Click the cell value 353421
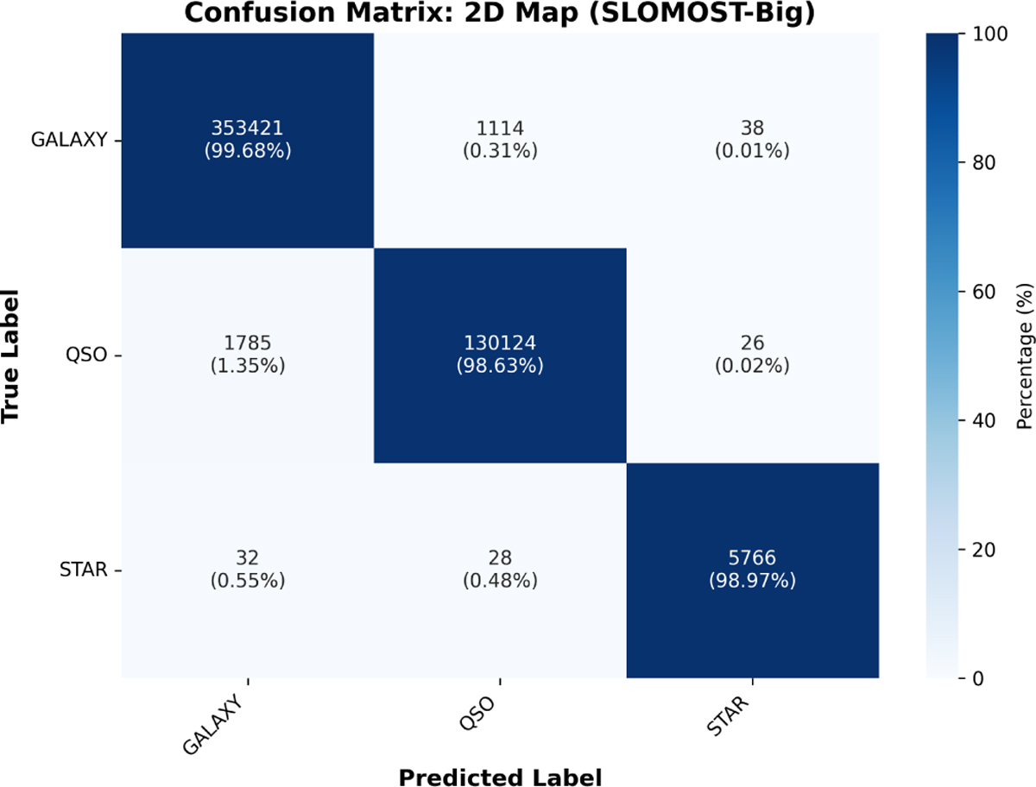[x=247, y=129]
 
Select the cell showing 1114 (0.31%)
[x=500, y=140]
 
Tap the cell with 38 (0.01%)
[x=752, y=140]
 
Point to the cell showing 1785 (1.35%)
[x=247, y=355]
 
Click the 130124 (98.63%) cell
[x=500, y=355]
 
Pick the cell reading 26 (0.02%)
[x=752, y=355]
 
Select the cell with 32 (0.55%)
[x=247, y=570]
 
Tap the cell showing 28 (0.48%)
[x=500, y=570]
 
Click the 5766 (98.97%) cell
[x=752, y=570]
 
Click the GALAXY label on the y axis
[x=69, y=140]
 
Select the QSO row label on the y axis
[x=86, y=355]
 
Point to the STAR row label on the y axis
[x=84, y=570]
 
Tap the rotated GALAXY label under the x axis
[x=213, y=725]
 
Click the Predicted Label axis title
[x=500, y=773]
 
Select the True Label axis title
[x=10, y=356]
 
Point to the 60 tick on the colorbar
[x=984, y=292]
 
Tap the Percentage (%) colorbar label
[x=1024, y=356]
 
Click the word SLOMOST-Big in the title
[x=702, y=13]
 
